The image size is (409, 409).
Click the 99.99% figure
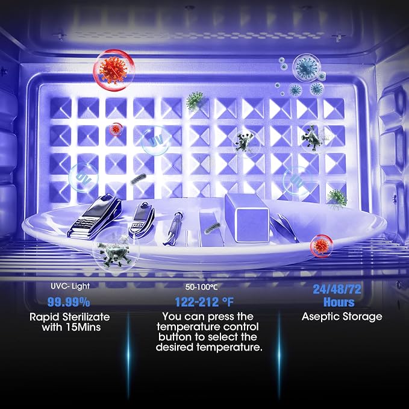[69, 302]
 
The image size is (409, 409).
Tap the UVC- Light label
[70, 286]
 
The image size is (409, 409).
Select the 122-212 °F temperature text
[204, 302]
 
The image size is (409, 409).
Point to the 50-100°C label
[201, 287]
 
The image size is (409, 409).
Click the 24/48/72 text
[337, 289]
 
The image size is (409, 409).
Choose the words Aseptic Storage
[342, 316]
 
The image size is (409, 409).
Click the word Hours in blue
[339, 302]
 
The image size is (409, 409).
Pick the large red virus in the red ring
[113, 70]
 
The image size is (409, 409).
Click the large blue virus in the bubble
[306, 68]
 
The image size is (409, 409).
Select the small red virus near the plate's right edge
[321, 246]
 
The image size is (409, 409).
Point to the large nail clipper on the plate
[95, 216]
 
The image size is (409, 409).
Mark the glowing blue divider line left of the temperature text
[128, 355]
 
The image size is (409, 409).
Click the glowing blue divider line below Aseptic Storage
[279, 355]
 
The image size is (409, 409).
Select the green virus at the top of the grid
[195, 101]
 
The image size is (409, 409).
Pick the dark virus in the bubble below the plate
[114, 252]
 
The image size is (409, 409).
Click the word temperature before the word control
[186, 327]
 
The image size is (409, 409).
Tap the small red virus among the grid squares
[116, 129]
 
